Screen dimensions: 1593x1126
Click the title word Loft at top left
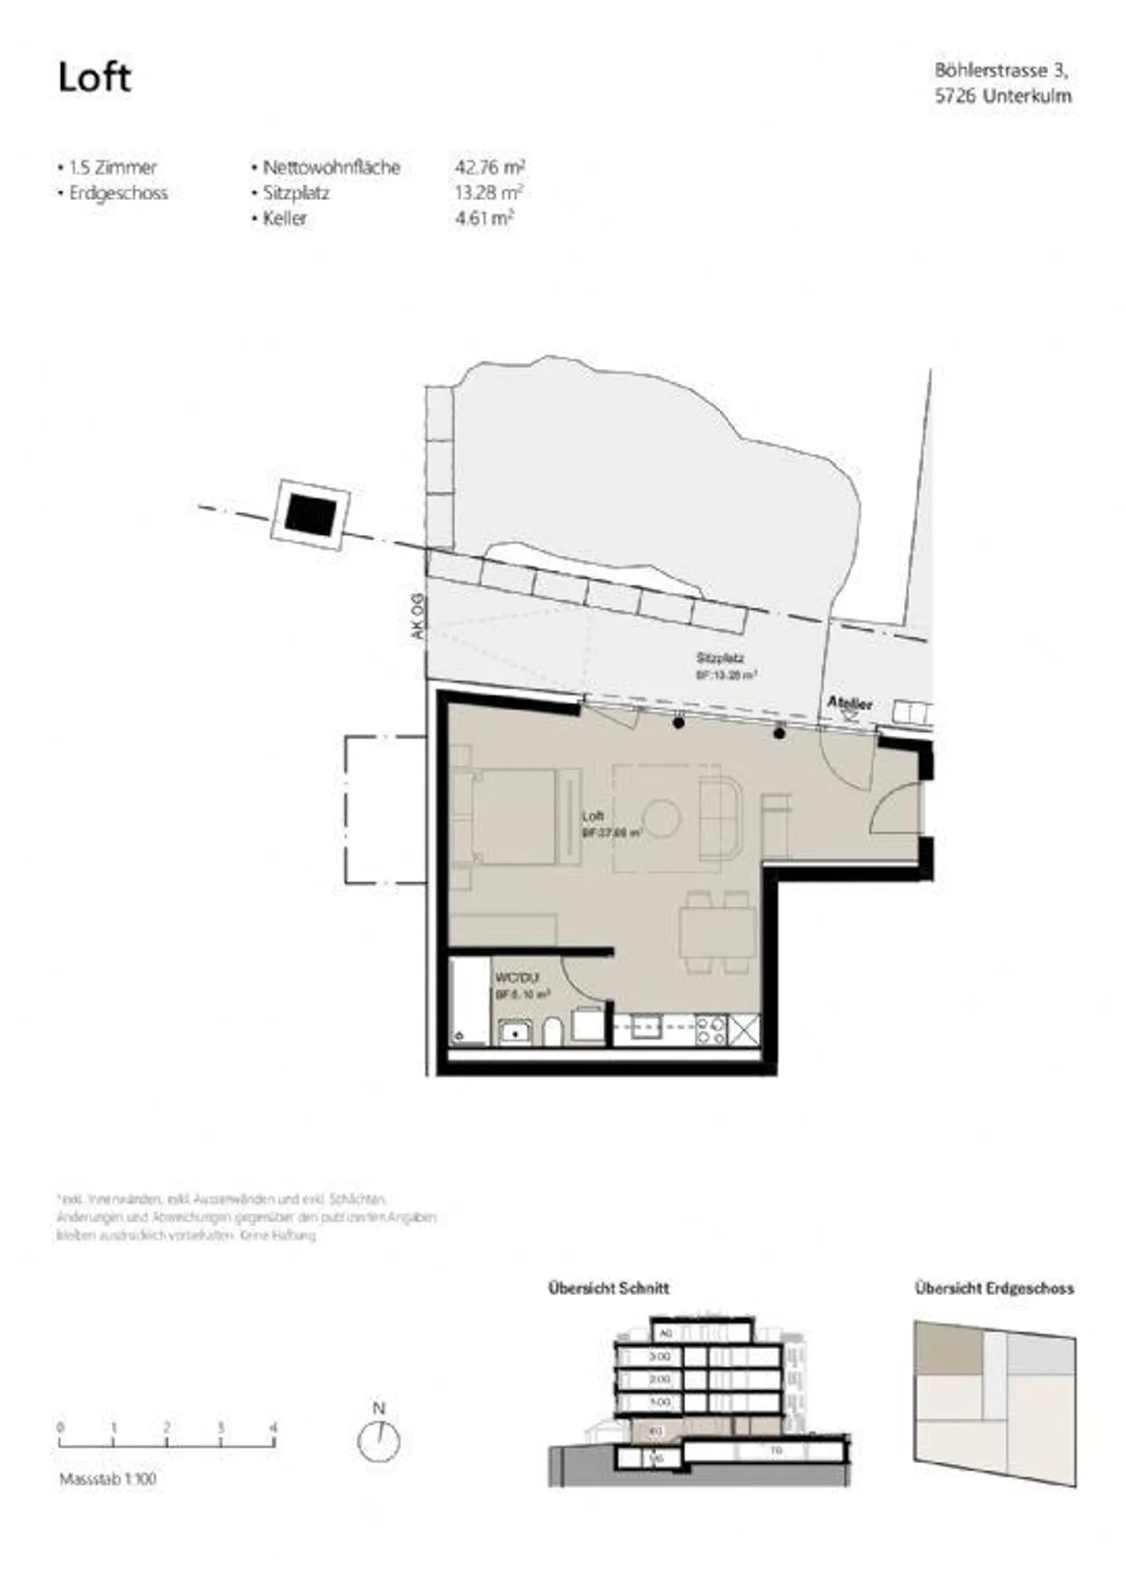94,77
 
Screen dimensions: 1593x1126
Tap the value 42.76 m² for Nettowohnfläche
489,167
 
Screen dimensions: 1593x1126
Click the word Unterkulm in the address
1027,96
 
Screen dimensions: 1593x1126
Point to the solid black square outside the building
310,515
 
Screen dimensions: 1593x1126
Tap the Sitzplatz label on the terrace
719,658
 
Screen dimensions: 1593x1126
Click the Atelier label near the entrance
850,702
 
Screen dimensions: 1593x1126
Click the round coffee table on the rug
662,819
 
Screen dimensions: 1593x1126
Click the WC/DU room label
517,978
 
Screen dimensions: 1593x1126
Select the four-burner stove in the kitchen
711,1029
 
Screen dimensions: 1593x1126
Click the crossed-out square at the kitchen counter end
744,1029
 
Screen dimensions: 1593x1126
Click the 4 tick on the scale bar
273,1428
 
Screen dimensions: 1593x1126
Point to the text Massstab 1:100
108,1479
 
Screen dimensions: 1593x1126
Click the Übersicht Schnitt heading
608,1288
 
